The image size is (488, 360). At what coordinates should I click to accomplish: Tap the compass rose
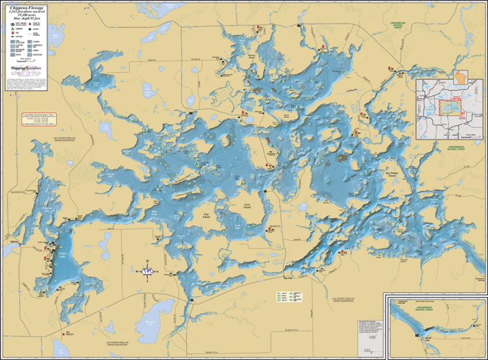click(x=146, y=270)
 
